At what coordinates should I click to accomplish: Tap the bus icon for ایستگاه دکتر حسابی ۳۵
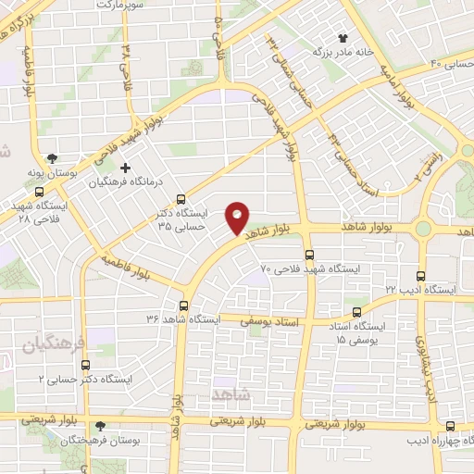click(x=181, y=198)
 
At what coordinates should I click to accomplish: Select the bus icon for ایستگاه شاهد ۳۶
click(x=183, y=306)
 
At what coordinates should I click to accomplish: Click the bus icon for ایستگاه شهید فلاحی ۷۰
click(x=309, y=255)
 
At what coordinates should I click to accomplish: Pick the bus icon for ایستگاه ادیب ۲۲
click(x=421, y=276)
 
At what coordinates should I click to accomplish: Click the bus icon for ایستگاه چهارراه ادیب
click(x=450, y=427)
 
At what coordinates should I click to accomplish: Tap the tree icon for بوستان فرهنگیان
click(x=101, y=427)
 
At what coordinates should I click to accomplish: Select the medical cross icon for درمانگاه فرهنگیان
click(x=139, y=167)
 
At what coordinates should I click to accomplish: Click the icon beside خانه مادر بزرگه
click(x=343, y=38)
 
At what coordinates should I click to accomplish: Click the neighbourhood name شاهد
click(x=231, y=394)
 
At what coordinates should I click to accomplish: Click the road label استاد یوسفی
click(x=267, y=321)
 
